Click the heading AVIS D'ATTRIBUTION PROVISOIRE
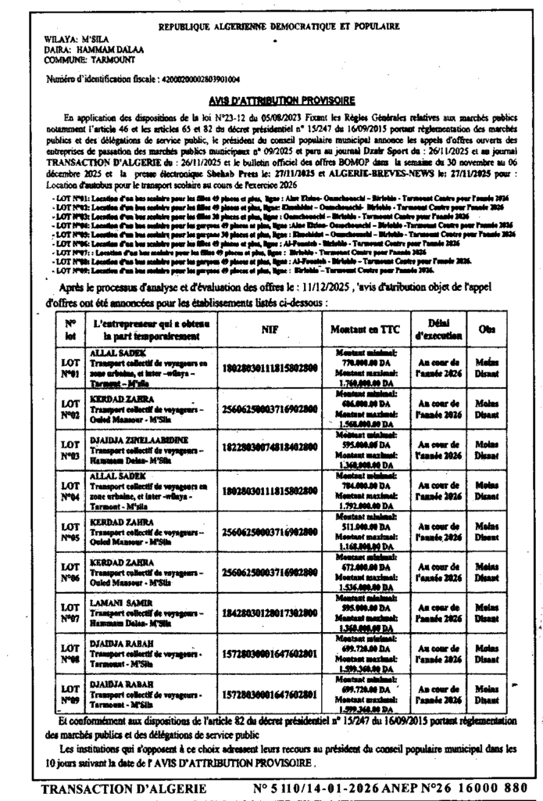point(282,100)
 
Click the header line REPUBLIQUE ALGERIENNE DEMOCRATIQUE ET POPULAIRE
point(279,26)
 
